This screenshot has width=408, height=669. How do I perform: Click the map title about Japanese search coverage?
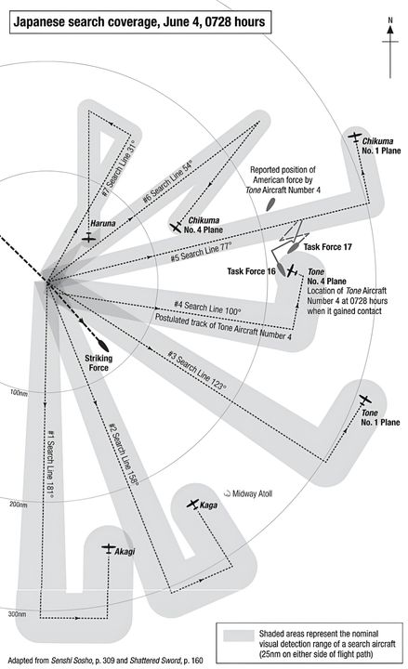pos(139,21)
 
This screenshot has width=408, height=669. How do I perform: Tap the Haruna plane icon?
pos(88,238)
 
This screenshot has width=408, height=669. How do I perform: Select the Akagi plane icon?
pos(109,548)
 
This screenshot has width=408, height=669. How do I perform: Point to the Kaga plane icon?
pos(193,504)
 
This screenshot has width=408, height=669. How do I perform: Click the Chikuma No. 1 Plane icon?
pos(354,137)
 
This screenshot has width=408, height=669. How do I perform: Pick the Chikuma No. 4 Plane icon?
pos(176,228)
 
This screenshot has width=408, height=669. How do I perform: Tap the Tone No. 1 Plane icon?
pos(364,400)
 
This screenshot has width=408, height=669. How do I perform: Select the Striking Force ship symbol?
pos(102,345)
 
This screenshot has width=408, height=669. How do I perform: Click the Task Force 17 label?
pos(327,247)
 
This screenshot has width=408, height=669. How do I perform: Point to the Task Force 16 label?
pos(251,271)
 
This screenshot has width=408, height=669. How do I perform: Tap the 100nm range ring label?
pos(19,393)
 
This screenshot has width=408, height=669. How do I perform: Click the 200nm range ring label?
pos(19,505)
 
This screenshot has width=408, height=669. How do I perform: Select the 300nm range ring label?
pos(17,614)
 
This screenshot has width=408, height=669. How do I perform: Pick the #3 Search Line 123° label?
pos(196,371)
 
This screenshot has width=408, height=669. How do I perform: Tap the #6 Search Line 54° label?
pos(167,182)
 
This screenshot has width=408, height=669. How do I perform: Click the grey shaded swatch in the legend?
pos(239,636)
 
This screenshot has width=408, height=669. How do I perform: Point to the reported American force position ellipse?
pos(270,204)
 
